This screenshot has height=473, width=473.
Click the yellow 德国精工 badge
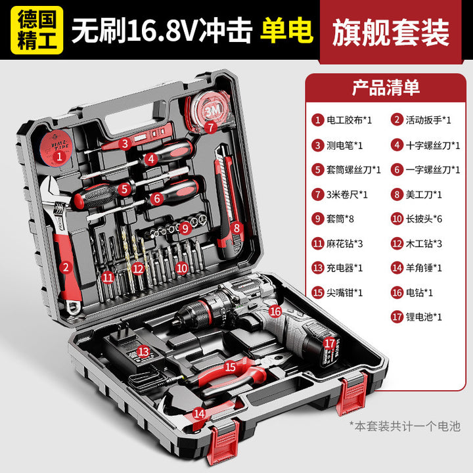[37, 30]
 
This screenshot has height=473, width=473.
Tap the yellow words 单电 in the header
[286, 30]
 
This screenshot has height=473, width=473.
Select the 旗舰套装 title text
[391, 32]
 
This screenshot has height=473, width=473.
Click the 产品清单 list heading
[386, 88]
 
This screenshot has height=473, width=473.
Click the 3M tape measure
[208, 113]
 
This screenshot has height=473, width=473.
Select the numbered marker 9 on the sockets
[185, 228]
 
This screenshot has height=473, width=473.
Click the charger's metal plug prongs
[123, 329]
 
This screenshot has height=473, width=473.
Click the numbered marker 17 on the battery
[329, 344]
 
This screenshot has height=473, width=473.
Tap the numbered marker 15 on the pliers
[230, 367]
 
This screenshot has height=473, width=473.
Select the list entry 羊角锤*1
[417, 268]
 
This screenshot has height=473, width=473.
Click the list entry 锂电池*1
[417, 317]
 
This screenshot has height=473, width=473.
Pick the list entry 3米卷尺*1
[340, 194]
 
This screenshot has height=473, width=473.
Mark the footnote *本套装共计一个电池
[405, 426]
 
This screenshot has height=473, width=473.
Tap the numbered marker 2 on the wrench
[66, 267]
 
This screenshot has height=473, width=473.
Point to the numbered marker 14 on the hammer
[199, 413]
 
